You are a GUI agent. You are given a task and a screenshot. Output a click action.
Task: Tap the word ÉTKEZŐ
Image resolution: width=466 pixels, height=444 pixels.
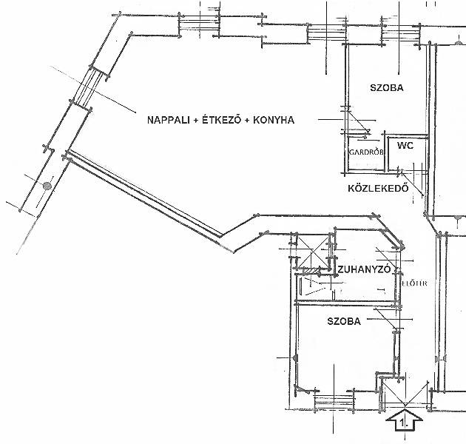(x=221, y=120)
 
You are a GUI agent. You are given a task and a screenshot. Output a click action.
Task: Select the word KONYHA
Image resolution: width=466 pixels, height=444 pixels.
(x=274, y=120)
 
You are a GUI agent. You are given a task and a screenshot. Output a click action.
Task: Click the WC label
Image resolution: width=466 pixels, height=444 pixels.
(x=405, y=146)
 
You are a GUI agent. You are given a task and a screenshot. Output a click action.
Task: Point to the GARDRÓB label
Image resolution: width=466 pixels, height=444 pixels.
(x=366, y=152)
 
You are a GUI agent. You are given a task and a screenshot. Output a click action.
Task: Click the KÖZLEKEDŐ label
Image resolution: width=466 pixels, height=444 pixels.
(x=378, y=188)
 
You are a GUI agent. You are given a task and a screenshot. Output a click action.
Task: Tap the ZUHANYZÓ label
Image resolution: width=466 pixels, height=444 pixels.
(x=364, y=269)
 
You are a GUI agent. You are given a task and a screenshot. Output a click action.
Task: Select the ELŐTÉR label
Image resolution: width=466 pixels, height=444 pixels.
(x=414, y=283)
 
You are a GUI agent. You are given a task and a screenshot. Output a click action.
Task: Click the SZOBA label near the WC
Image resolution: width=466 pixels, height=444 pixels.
(x=387, y=88)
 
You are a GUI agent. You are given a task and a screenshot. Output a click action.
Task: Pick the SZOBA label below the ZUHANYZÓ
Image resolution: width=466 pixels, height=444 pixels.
(x=344, y=321)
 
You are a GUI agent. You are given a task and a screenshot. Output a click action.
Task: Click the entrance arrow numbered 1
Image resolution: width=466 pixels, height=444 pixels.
(x=404, y=420)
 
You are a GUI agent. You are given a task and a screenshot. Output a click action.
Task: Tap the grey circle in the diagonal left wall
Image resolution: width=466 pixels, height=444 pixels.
(x=47, y=186)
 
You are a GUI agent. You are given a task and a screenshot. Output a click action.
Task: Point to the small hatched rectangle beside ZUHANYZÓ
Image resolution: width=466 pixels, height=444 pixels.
(x=311, y=271)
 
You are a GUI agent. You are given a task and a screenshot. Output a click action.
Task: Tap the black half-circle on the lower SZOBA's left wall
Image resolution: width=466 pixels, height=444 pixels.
(x=295, y=357)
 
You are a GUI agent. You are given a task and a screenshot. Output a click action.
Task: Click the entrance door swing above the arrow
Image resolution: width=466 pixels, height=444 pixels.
(x=405, y=394)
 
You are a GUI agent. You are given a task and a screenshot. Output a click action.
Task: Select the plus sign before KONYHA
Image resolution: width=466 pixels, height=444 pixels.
(x=247, y=121)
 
